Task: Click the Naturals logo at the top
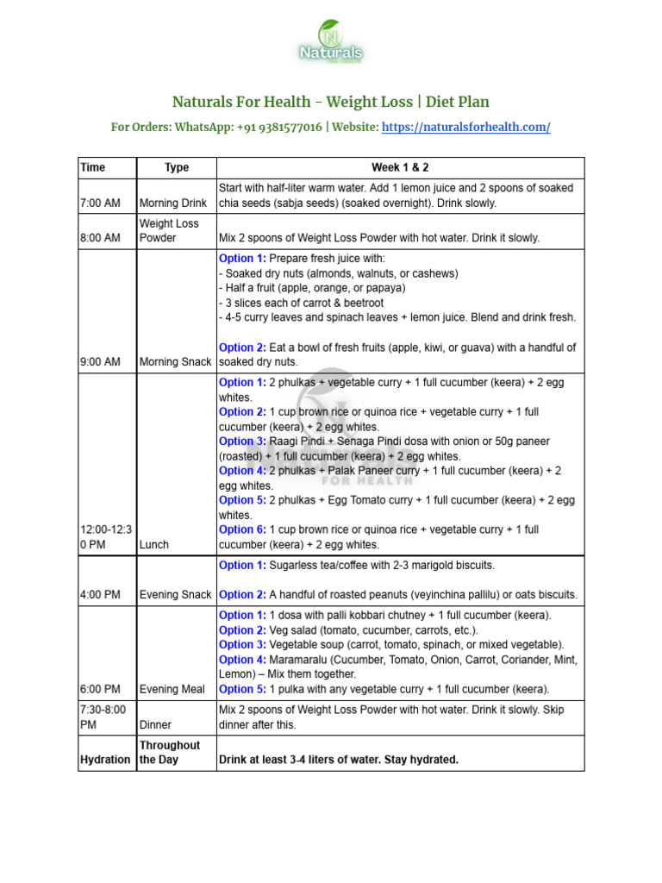tap(331, 43)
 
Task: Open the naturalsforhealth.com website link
tap(465, 127)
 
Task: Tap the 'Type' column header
tap(177, 167)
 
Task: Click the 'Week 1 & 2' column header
tap(400, 167)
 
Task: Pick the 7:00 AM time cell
tap(100, 204)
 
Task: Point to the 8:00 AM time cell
tap(100, 238)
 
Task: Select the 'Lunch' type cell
tap(154, 545)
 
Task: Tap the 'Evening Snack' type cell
tap(175, 595)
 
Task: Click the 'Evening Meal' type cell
tap(172, 689)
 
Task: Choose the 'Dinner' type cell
tap(155, 725)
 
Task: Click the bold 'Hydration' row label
tap(105, 760)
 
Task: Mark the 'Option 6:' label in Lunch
tap(242, 529)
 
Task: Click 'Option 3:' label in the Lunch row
tap(242, 441)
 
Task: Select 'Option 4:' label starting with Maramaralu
tap(242, 660)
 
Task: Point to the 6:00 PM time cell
tap(100, 689)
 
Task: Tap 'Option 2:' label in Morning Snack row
tap(242, 348)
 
